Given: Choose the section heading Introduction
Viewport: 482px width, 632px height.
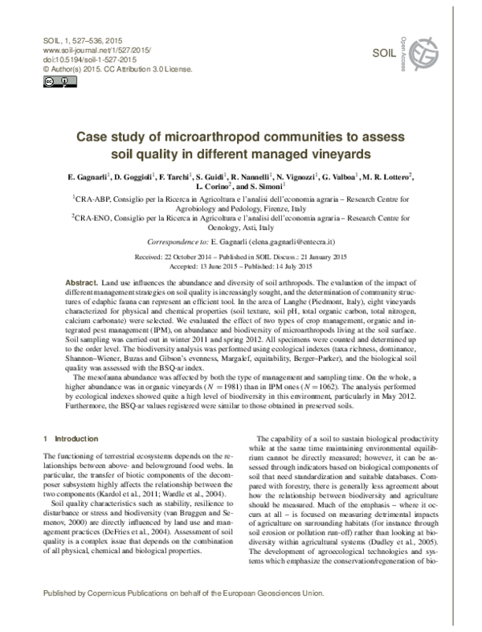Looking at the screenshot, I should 76,438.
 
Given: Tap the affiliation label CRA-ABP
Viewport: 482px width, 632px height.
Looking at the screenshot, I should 93,198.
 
